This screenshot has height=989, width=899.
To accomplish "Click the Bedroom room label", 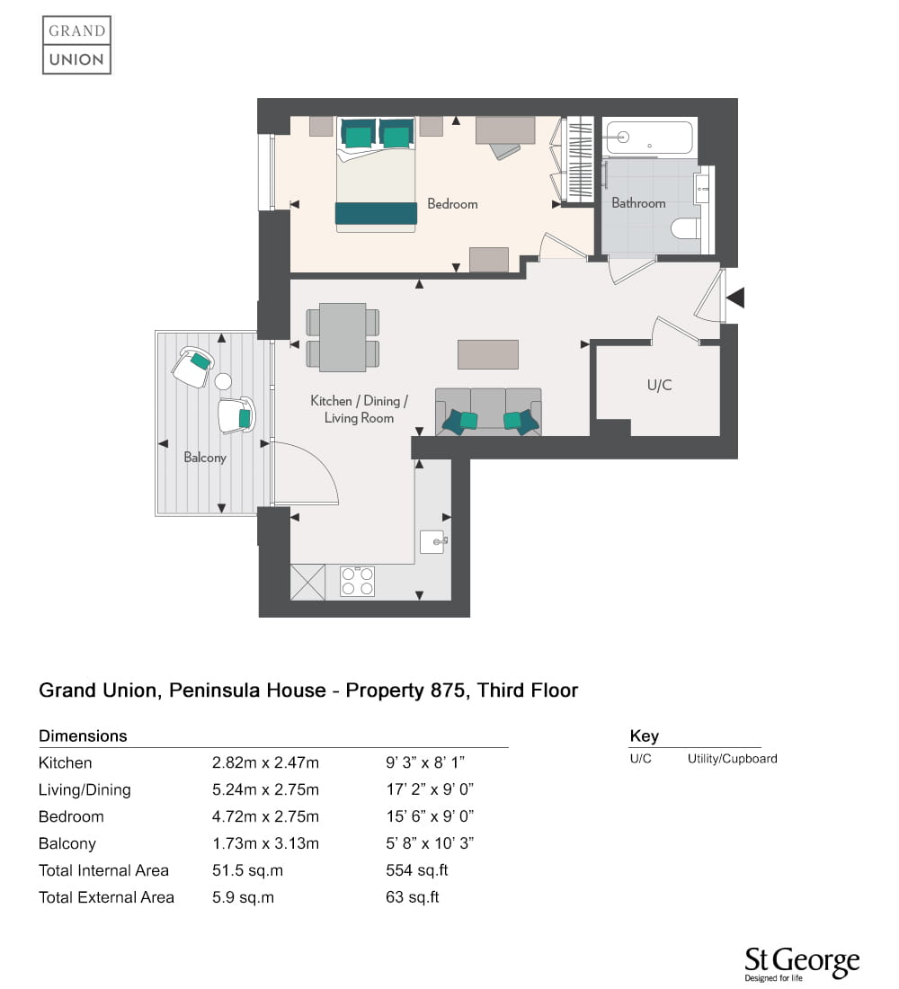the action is [x=452, y=204].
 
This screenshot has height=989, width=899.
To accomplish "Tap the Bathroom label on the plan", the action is [x=638, y=203].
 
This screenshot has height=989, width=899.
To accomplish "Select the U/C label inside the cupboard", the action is [x=659, y=385].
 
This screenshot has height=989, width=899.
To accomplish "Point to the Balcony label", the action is [x=205, y=458].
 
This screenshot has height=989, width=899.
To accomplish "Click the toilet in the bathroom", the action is [x=685, y=228].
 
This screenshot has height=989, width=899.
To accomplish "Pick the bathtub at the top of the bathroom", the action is [x=650, y=138].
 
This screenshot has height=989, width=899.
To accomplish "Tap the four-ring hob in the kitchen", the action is [x=357, y=581].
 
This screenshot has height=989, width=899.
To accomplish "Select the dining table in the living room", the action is [x=343, y=337].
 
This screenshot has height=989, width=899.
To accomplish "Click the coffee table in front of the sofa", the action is [x=487, y=354].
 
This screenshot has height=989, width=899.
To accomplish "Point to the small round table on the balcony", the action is [x=223, y=381].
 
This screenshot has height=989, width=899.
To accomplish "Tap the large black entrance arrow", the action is [x=735, y=298].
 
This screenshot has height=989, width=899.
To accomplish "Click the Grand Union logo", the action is [x=77, y=46].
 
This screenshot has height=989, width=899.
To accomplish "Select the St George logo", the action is [x=802, y=964].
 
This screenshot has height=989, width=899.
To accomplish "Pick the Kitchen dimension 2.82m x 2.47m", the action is [x=265, y=762].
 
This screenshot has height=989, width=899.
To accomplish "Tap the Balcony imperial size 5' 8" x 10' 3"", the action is [x=430, y=843].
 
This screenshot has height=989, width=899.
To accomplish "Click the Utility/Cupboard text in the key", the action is [x=733, y=759].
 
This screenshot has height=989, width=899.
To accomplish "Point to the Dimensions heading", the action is [x=83, y=736].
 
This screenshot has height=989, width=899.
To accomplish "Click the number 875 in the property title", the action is [x=448, y=691].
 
